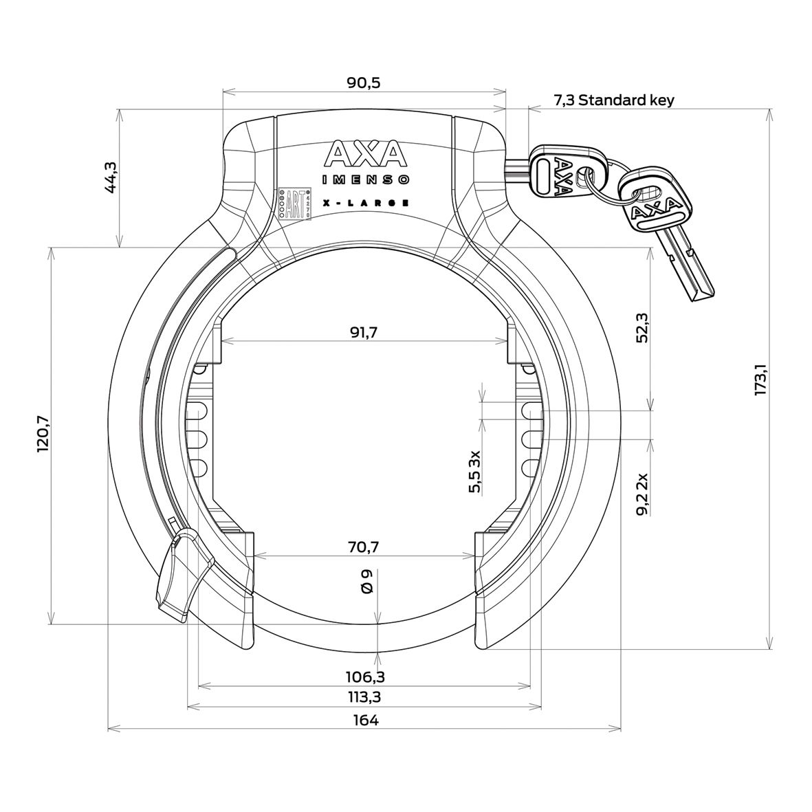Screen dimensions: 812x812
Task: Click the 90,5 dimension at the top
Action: coord(364,83)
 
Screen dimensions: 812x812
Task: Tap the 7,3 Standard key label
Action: coord(614,100)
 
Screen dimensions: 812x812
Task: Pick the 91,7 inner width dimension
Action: coord(364,332)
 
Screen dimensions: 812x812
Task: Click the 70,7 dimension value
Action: coord(364,547)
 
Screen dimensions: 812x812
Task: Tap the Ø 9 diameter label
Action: coord(366,581)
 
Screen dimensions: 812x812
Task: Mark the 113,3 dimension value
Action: coord(364,697)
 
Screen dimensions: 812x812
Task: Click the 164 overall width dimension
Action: coord(364,720)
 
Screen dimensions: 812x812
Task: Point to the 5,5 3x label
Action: coord(474,472)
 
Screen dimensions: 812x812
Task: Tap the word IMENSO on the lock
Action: coord(366,180)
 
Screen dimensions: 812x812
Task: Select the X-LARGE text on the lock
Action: coord(366,203)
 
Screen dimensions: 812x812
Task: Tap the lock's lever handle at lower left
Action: coord(178,572)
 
